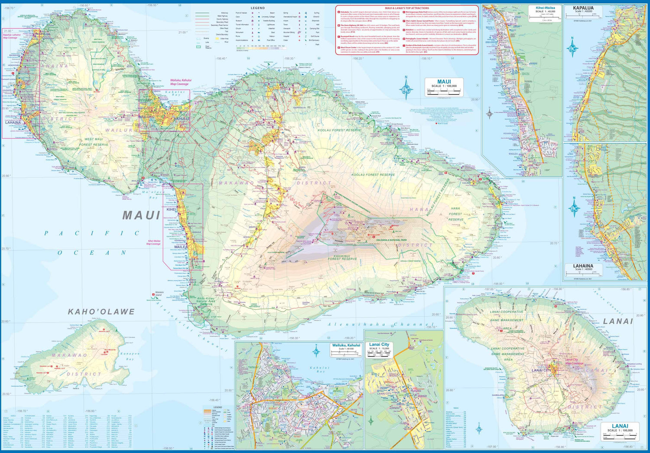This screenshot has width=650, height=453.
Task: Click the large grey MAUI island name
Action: coord(141,215)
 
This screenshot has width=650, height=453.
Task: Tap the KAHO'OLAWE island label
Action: coord(101,312)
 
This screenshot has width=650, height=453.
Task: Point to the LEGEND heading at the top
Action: coord(257,8)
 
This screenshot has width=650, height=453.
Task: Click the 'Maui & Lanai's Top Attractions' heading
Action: coord(407,8)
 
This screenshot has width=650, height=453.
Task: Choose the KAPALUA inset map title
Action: coord(583,8)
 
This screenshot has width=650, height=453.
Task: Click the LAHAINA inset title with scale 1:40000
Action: coord(583,266)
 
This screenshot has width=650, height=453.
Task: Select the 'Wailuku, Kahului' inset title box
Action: coord(346,345)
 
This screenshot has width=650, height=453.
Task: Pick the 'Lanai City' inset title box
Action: coord(379,345)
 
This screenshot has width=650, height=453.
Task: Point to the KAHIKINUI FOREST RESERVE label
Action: coord(342,257)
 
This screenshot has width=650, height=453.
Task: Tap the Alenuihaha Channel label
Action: coord(380,324)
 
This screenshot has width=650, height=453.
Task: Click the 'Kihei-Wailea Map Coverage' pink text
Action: coord(153,242)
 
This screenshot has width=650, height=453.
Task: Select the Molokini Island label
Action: coord(158,294)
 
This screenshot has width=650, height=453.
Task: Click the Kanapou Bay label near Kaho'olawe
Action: coord(130,356)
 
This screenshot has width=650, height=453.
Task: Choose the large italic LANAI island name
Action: coord(618,321)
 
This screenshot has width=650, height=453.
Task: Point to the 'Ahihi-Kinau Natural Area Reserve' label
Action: coord(206,301)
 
